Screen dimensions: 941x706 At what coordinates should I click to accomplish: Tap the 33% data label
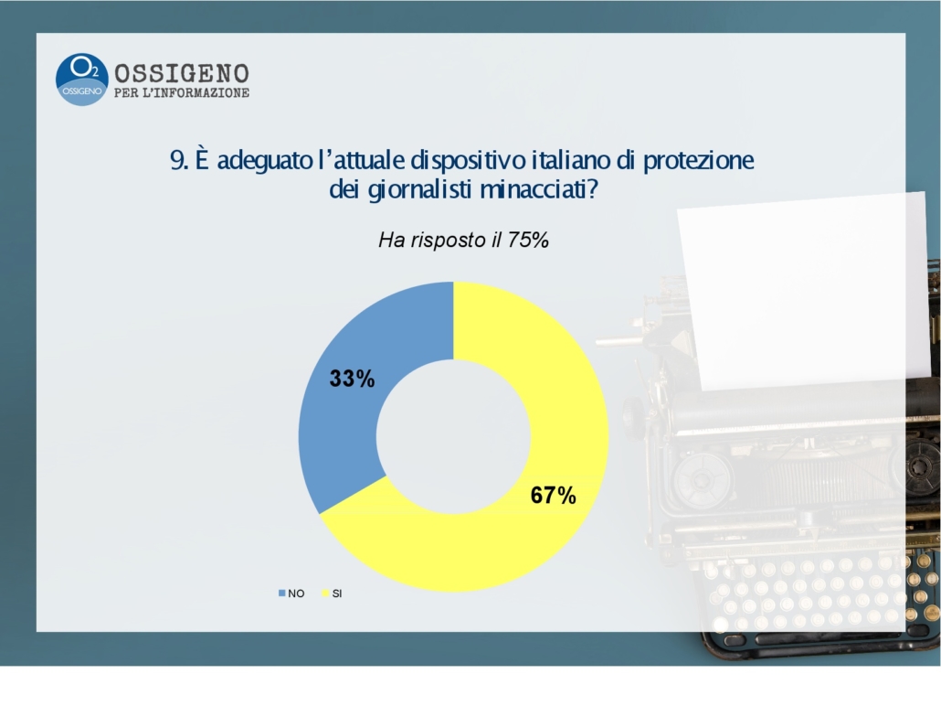coord(353,379)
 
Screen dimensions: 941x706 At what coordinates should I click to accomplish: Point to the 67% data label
coord(554,495)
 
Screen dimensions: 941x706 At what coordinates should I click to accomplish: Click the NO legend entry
coord(291,594)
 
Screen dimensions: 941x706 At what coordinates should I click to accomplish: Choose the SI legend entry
coord(333,594)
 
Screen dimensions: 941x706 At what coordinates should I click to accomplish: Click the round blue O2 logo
coord(81,80)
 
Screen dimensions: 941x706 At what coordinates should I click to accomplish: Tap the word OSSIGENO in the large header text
coord(182,73)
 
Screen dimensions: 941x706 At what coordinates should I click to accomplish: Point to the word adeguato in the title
coord(265,161)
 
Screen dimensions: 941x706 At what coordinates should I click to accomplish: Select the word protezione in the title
coord(699,161)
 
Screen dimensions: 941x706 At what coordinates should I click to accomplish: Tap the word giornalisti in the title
coord(419,190)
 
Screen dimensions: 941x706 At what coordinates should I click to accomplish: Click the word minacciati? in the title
coord(540,190)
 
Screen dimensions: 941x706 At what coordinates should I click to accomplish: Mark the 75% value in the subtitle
coord(528,241)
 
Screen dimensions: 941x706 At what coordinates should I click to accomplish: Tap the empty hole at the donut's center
coord(454,437)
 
